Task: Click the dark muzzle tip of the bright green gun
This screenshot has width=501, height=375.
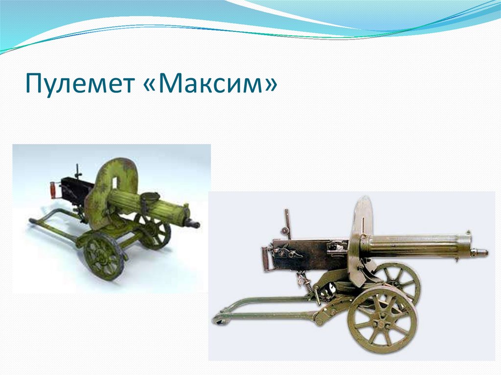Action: click(x=194, y=224)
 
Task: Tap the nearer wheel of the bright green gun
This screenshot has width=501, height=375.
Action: click(x=103, y=256)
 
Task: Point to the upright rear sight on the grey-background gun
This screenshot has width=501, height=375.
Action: click(x=288, y=223)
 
